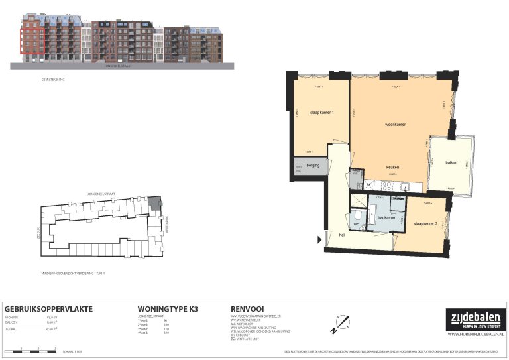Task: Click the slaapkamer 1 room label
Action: (x=321, y=113)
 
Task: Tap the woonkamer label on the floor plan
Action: (x=396, y=125)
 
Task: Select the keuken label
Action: (x=392, y=167)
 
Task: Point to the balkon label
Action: (x=451, y=162)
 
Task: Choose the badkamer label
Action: (x=386, y=217)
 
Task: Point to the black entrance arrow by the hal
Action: (x=320, y=239)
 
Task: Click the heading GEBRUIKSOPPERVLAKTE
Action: (x=48, y=309)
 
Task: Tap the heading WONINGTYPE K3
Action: (x=168, y=309)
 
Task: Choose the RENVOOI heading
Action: (x=249, y=309)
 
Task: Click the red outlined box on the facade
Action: (x=32, y=41)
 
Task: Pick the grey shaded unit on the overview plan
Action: (x=154, y=203)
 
